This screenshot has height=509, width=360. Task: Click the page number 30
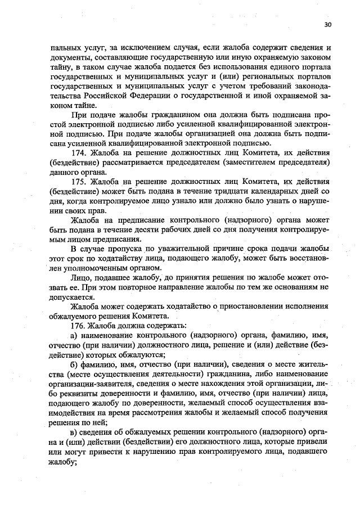[x=328, y=25]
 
